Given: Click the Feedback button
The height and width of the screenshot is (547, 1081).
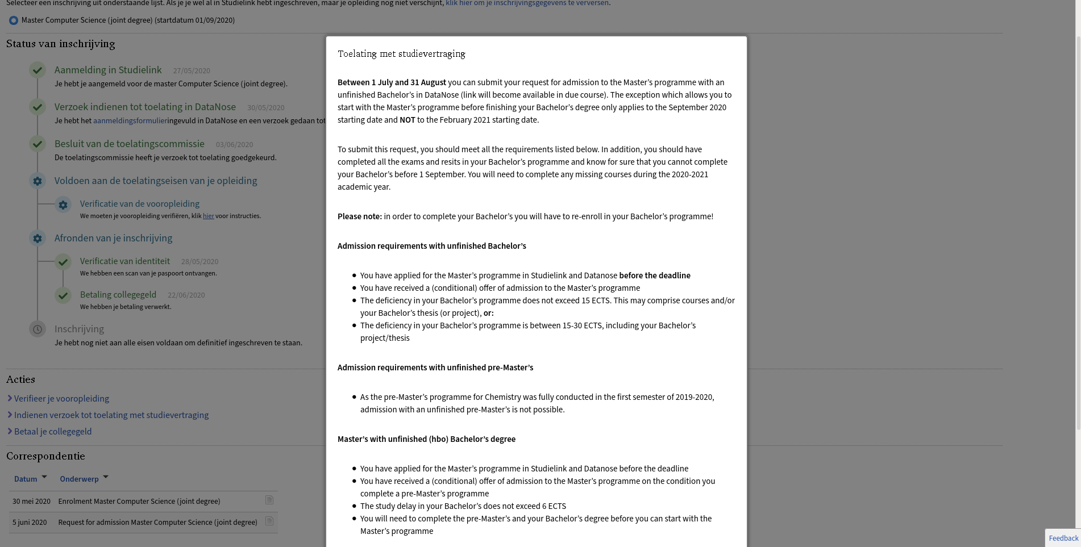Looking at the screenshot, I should pos(1063,538).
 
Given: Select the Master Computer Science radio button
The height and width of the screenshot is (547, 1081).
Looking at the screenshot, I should pos(14,20).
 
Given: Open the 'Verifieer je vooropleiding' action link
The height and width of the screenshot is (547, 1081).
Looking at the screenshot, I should pos(61,399).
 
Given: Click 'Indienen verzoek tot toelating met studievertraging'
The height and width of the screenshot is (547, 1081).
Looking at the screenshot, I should pos(111,415).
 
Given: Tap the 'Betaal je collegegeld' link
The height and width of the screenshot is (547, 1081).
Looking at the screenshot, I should pos(53,432).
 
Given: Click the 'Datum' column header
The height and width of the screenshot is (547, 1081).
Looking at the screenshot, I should pos(26,479).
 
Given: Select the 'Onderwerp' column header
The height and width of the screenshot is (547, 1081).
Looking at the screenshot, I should pos(80,479).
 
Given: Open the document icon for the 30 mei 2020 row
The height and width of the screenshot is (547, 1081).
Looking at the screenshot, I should pos(269,500).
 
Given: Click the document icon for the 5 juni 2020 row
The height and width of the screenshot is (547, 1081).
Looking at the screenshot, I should pos(269,521).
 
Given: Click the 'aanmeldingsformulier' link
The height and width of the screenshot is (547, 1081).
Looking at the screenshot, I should pos(130,120).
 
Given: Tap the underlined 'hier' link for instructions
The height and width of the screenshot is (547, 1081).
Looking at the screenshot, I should pos(209,216).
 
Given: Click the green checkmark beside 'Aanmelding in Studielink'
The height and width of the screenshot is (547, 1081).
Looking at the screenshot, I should pos(38,70).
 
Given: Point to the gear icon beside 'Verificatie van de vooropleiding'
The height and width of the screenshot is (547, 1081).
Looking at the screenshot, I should pos(63,204).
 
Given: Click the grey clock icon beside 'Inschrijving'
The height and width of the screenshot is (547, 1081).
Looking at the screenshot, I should pos(38,329).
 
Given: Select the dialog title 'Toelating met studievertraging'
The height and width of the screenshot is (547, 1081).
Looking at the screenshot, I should pos(401,54).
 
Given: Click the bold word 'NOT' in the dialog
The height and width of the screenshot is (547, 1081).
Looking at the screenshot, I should pos(407,120).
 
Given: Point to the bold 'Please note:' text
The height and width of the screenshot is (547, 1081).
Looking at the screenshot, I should pos(360,216).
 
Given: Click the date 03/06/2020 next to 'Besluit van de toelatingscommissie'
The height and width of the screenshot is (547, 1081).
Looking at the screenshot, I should pos(234,145).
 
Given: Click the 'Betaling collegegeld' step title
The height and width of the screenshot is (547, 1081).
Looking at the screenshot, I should pos(118,295).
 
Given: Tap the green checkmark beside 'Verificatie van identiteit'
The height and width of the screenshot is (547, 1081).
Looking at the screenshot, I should pos(63,262).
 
